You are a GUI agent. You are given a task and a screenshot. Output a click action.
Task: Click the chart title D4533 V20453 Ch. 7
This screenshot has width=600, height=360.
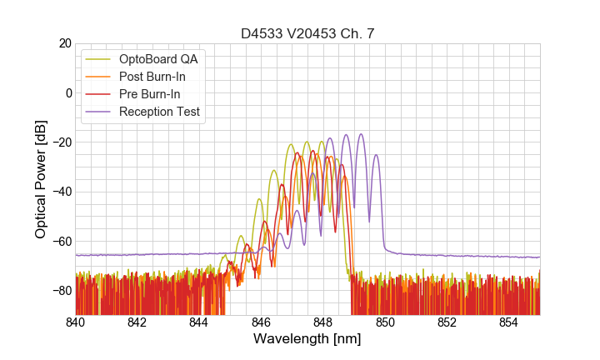pos(307,33)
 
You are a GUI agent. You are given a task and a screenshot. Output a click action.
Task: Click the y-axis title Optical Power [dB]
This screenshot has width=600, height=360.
pos(41,179)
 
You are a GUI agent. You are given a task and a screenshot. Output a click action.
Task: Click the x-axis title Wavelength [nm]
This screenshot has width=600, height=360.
pos(307,339)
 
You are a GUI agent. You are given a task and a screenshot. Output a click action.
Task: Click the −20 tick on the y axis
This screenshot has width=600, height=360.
pos(61,142)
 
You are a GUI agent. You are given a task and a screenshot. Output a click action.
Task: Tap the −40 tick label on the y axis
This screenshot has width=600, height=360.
pos(61,192)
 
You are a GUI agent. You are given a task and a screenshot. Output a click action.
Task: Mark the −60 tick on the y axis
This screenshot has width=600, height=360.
pos(61,241)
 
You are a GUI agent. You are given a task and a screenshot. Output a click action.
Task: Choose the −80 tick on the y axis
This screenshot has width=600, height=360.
pos(61,290)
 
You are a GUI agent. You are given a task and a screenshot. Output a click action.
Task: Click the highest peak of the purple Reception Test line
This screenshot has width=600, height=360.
pos(361,134)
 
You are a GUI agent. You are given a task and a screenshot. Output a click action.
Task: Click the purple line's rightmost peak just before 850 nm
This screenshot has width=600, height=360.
pos(376,155)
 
